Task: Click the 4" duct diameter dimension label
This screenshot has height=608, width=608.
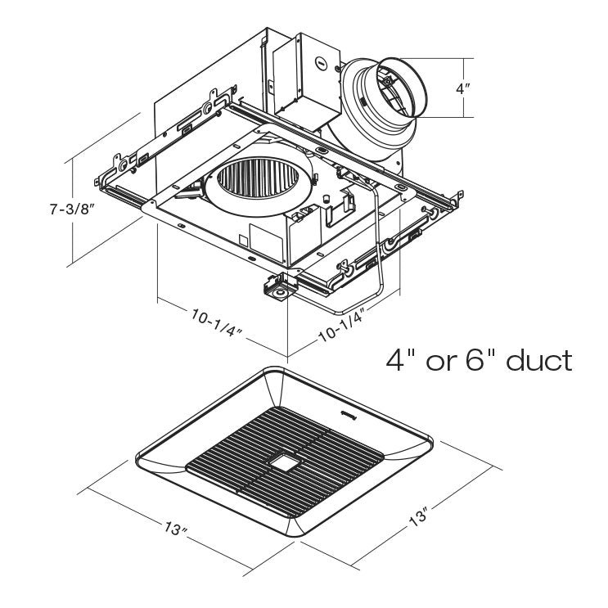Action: click(x=463, y=88)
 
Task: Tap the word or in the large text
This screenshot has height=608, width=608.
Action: click(x=441, y=360)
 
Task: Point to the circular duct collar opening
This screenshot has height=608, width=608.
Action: click(x=392, y=88)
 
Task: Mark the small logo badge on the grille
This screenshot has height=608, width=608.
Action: click(x=349, y=416)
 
